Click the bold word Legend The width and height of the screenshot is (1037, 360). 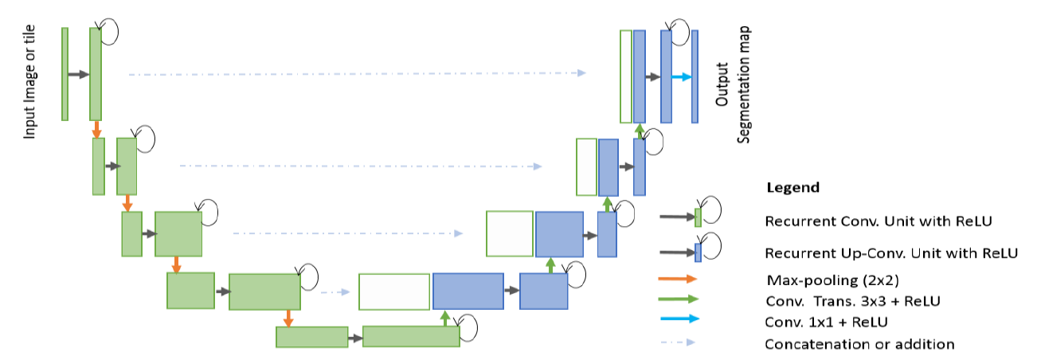(x=792, y=188)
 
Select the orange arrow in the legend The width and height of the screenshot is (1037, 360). (x=677, y=280)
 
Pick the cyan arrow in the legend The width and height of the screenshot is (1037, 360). (x=677, y=322)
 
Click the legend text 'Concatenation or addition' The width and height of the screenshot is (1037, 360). (x=859, y=345)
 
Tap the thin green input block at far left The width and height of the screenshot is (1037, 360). (x=65, y=74)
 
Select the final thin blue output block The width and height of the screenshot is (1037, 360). (x=695, y=76)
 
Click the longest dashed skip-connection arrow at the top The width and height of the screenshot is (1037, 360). (x=357, y=74)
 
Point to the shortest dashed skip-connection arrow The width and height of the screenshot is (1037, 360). (x=335, y=292)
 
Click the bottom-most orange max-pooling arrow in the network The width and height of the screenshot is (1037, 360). (x=288, y=317)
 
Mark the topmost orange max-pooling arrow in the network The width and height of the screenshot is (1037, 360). (x=96, y=129)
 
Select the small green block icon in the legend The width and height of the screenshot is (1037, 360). (x=699, y=217)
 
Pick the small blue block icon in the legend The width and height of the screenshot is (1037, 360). (x=699, y=252)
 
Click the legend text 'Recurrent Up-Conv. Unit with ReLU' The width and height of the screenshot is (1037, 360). (x=890, y=253)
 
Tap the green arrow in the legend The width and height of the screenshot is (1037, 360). (x=677, y=300)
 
